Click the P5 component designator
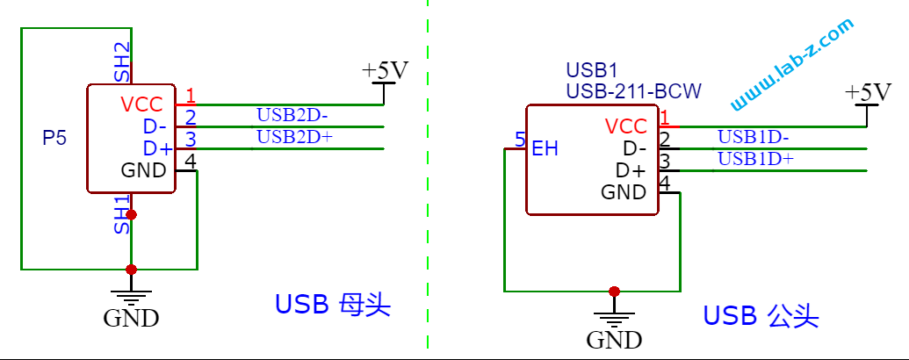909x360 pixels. point(54,138)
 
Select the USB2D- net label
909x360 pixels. point(292,114)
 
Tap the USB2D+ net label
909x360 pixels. point(294,136)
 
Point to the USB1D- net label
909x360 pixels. point(753,136)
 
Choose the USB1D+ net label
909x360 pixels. point(755,158)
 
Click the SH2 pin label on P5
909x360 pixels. point(122,62)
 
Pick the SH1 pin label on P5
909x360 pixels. point(122,215)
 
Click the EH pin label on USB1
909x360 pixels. point(545,149)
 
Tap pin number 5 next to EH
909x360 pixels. point(520,140)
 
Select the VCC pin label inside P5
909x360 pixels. point(141,104)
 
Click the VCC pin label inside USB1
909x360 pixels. point(625,126)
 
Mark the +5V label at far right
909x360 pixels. point(867,92)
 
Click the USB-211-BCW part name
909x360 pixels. point(633,90)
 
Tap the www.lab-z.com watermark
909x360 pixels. point(791,66)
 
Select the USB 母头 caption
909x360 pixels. point(332,305)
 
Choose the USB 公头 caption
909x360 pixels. point(761,316)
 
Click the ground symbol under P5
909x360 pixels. point(131,296)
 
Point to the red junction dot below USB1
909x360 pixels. point(614,291)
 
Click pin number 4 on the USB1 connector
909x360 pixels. point(665,183)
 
